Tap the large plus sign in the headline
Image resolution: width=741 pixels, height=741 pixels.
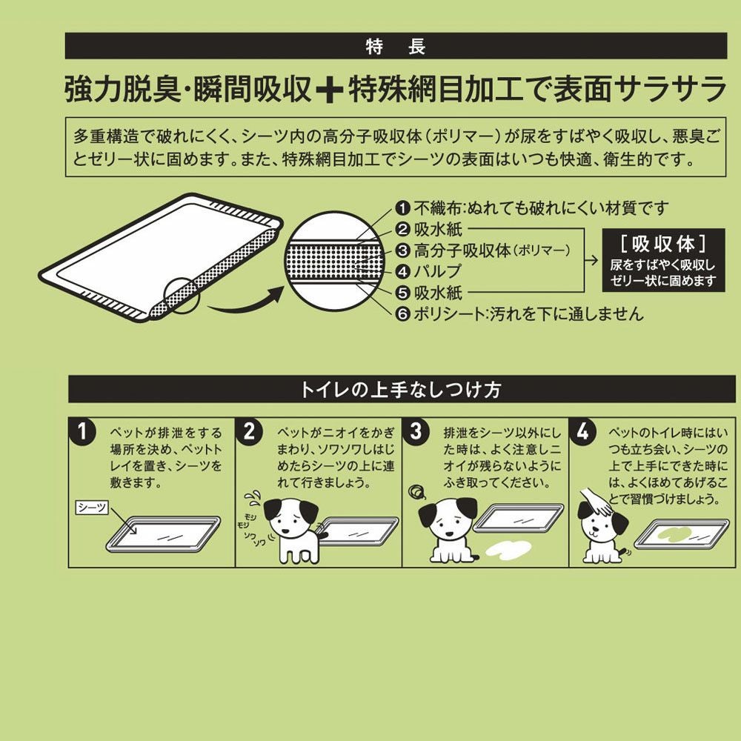tap(326, 90)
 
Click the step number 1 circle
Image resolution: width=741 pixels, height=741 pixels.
tap(87, 431)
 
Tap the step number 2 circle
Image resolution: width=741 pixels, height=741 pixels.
tap(253, 431)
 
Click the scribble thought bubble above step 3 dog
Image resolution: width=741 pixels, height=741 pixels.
tap(416, 492)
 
